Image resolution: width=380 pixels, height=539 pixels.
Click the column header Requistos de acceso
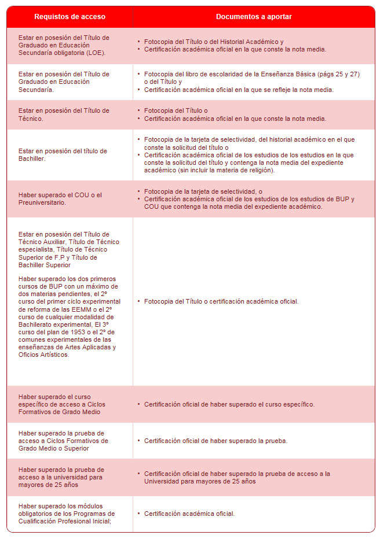click(70, 17)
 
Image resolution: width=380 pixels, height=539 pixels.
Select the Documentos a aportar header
click(254, 17)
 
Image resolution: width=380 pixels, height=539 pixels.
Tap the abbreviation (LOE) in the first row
click(95, 53)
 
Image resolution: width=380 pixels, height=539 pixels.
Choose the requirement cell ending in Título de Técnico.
click(64, 115)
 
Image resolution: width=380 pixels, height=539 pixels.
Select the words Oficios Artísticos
click(44, 355)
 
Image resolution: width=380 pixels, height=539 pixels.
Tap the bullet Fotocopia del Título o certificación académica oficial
click(221, 301)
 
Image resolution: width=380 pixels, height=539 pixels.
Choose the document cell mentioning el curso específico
click(229, 404)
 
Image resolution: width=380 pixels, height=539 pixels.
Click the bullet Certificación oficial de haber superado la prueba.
click(215, 441)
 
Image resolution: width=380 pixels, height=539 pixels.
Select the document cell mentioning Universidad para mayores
click(237, 477)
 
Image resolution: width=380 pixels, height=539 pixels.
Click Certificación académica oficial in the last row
click(189, 514)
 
